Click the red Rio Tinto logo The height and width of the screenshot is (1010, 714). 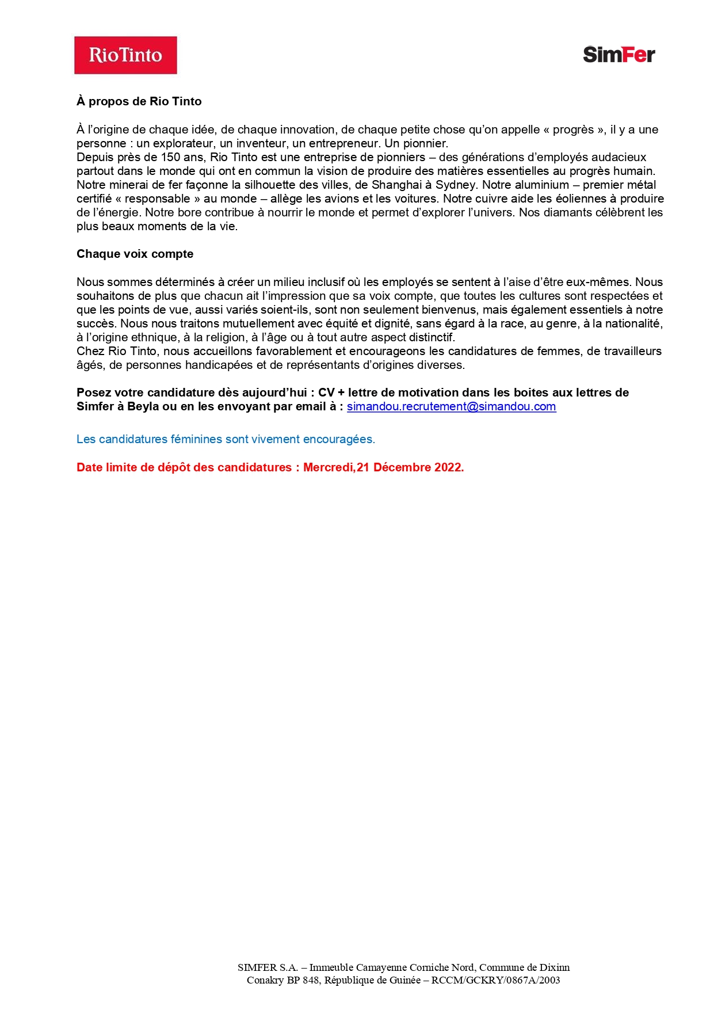pyautogui.click(x=125, y=55)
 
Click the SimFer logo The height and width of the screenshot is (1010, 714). pyautogui.click(x=618, y=55)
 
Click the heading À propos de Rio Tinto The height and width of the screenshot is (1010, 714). pyautogui.click(x=139, y=101)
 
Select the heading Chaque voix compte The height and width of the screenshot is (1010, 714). pyautogui.click(x=135, y=254)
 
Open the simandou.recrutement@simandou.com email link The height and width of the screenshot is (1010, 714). pyautogui.click(x=451, y=406)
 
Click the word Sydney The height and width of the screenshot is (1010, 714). pyautogui.click(x=456, y=185)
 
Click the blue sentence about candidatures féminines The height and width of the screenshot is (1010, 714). pyautogui.click(x=226, y=439)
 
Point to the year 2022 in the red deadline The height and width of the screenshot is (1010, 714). pyautogui.click(x=449, y=467)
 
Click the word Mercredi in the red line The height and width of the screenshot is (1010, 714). pyautogui.click(x=328, y=467)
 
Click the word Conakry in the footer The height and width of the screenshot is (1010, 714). pyautogui.click(x=266, y=980)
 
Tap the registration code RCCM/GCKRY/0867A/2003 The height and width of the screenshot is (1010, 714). pyautogui.click(x=495, y=980)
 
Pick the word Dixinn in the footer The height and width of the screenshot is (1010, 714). pyautogui.click(x=555, y=967)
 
